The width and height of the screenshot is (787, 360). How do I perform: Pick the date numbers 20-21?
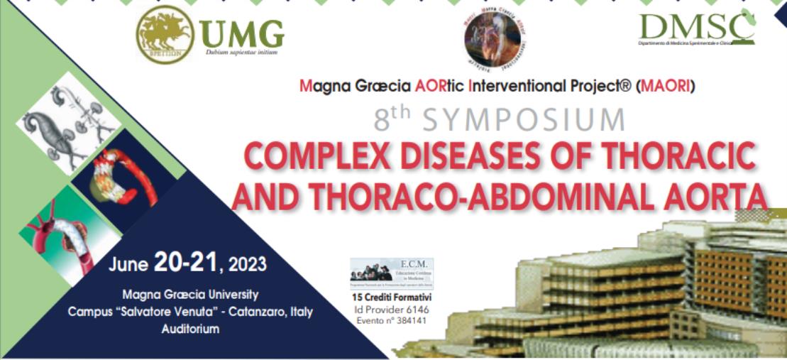coord(185,264)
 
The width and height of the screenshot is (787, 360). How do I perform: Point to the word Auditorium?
coord(190,329)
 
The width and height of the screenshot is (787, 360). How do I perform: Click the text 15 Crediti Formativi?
coord(392,297)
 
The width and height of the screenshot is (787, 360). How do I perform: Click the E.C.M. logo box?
coord(392,273)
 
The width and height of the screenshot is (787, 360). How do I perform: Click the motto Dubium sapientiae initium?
coord(241,52)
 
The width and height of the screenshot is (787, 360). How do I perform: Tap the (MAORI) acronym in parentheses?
coord(666,87)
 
